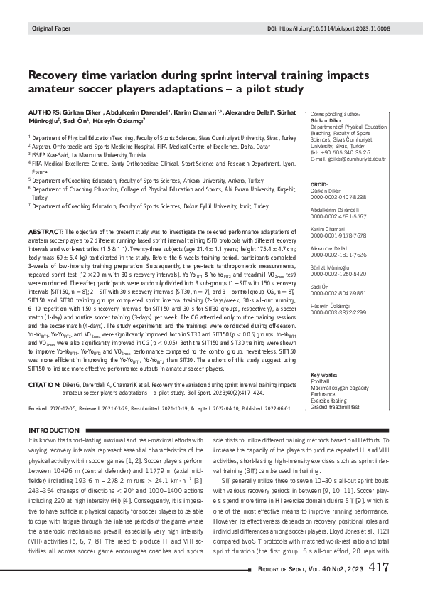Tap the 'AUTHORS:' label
[x=45, y=112]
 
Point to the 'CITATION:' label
[x=45, y=385]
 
